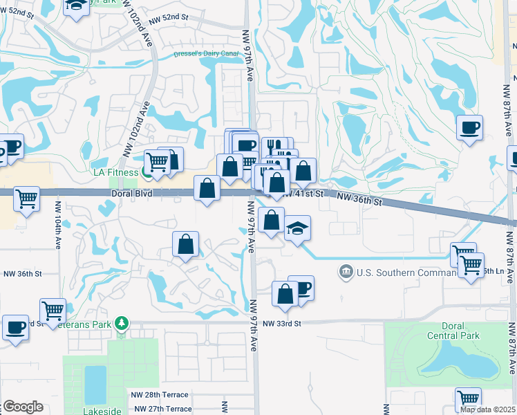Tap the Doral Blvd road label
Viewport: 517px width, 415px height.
point(131,195)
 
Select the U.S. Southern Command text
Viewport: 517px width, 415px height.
point(397,273)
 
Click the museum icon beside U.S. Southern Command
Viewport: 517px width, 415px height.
point(345,272)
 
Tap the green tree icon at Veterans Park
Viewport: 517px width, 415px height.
point(122,323)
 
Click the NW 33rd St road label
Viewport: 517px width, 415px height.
point(283,324)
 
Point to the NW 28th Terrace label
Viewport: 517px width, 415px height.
point(160,394)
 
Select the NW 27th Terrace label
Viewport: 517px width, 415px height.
point(160,409)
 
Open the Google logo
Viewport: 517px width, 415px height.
point(23,407)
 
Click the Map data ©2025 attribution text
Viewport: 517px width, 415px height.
point(487,409)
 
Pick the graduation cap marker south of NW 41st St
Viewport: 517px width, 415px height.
point(297,228)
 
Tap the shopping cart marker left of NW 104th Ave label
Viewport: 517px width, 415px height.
point(27,199)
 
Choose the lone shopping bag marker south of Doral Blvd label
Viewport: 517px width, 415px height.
point(185,244)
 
